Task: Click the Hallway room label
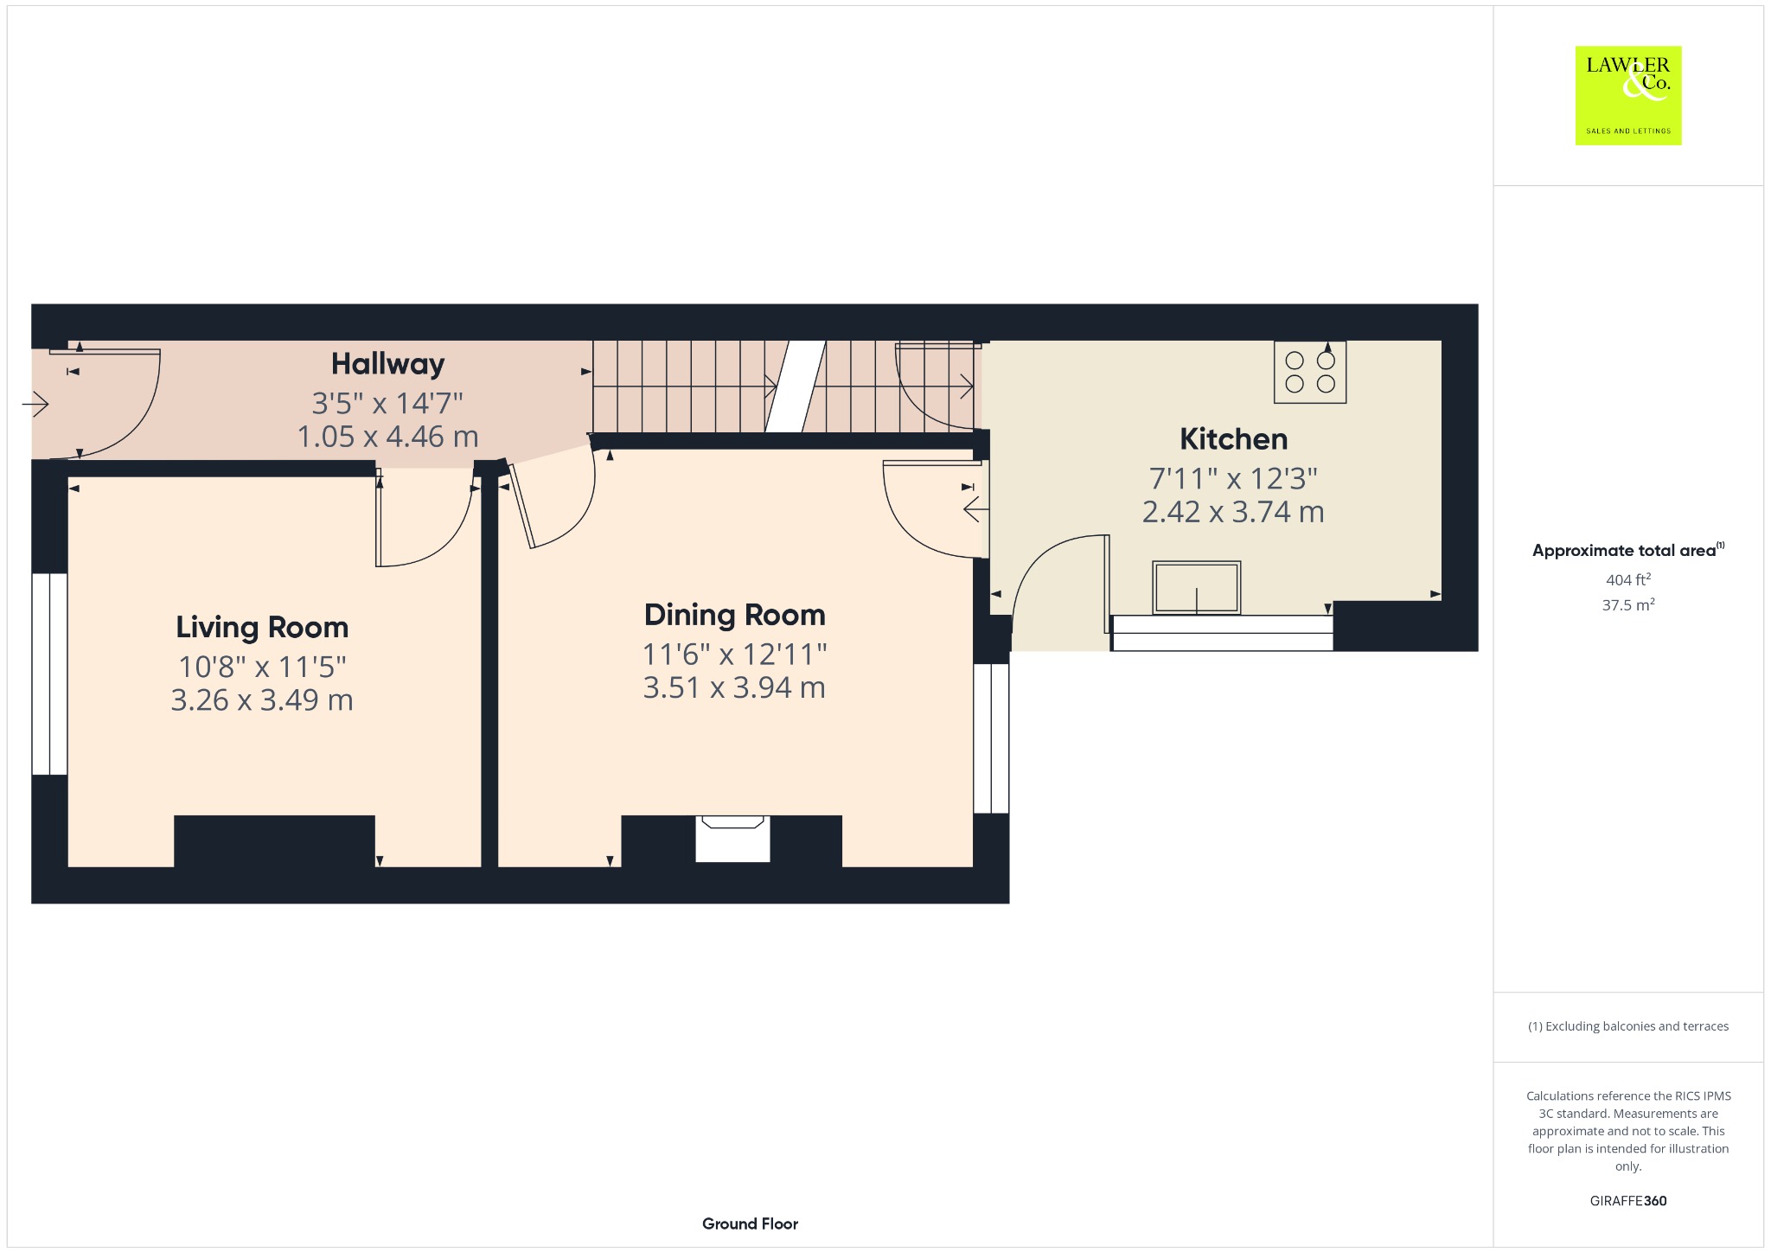(387, 364)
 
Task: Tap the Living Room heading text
(262, 627)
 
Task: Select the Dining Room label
(734, 615)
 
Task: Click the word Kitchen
(1233, 439)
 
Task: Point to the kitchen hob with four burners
(1310, 372)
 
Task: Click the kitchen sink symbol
(1197, 587)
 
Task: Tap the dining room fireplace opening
(732, 839)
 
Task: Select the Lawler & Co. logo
(1628, 95)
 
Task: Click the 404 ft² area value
(1628, 579)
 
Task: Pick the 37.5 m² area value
(1628, 604)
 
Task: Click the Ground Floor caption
(750, 1223)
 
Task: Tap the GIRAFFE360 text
(1628, 1201)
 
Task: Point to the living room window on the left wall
(49, 674)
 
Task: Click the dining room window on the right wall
(991, 738)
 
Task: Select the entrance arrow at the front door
(35, 404)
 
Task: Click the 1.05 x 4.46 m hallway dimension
(387, 437)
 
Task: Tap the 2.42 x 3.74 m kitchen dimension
(1233, 512)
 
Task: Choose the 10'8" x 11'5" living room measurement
(262, 667)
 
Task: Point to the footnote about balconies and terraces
(1628, 1026)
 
